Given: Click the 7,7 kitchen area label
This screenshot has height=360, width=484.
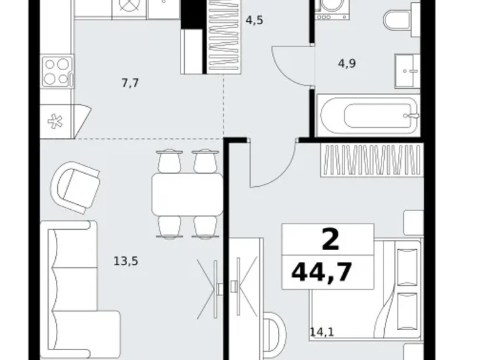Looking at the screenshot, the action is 130,83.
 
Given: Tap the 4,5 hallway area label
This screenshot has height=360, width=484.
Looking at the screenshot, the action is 254,20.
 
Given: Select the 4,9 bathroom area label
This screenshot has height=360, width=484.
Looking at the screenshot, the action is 347,63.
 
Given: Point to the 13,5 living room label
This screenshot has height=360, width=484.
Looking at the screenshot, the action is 126,261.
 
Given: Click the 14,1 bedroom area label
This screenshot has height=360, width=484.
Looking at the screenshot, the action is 322,332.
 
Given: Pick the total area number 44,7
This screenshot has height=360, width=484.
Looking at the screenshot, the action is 321,272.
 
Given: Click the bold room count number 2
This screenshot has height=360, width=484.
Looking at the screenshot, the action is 330,240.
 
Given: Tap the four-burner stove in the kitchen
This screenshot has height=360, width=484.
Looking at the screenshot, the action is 58,71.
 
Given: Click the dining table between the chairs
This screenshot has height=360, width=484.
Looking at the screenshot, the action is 187,194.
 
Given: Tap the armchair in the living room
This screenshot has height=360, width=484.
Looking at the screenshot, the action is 75,187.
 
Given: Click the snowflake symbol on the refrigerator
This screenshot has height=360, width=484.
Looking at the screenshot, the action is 55,121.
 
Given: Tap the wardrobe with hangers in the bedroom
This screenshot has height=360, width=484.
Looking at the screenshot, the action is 372,160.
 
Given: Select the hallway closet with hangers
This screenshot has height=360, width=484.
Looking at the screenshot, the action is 224,37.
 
